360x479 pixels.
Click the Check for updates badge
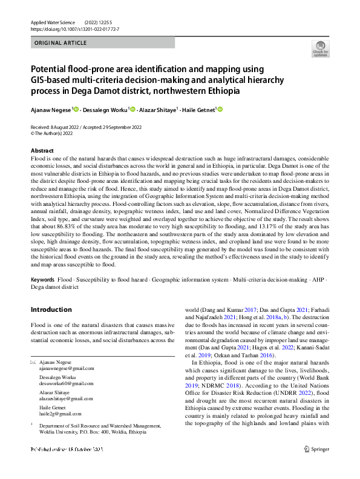click(320, 48)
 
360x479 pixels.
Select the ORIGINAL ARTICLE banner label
click(61, 43)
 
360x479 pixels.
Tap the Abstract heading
click(42, 151)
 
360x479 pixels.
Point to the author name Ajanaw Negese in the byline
click(51, 110)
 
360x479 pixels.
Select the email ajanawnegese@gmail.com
click(64, 368)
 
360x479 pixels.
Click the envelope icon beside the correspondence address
click(33, 362)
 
